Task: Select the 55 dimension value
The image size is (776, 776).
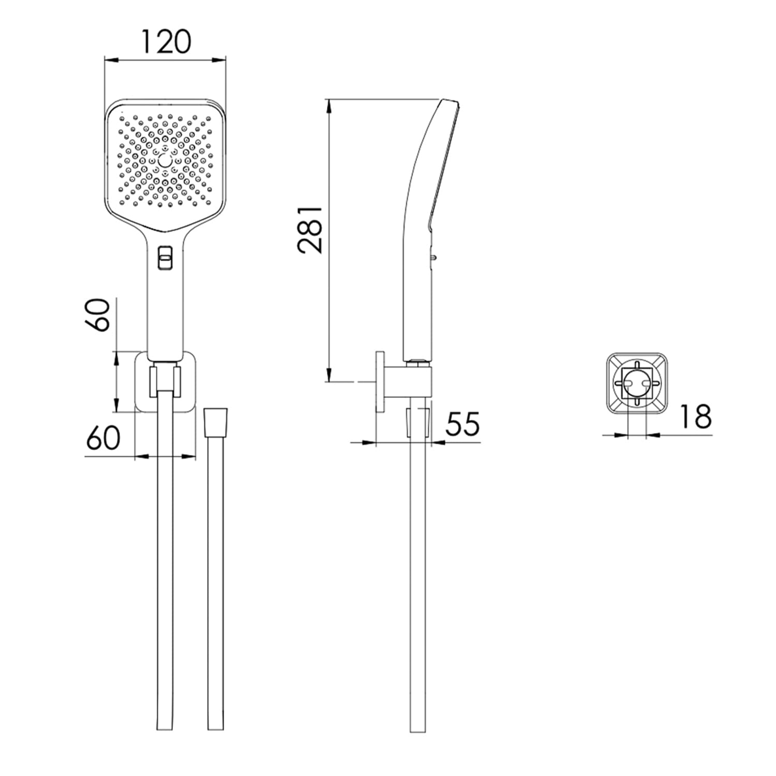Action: pos(463,424)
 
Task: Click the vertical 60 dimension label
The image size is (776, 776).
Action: pos(98,315)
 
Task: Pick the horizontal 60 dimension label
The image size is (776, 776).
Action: pos(103,438)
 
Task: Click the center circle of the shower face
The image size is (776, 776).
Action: pos(165,161)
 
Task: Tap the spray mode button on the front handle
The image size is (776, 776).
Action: pos(165,256)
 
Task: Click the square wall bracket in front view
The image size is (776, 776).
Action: pos(165,382)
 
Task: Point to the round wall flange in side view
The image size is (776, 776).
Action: pos(380,382)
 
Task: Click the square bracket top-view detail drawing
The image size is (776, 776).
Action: pos(636,383)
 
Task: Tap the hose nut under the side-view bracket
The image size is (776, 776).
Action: pos(418,422)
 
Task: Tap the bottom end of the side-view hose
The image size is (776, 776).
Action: pos(417,731)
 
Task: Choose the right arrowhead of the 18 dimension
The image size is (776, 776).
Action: pos(653,435)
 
